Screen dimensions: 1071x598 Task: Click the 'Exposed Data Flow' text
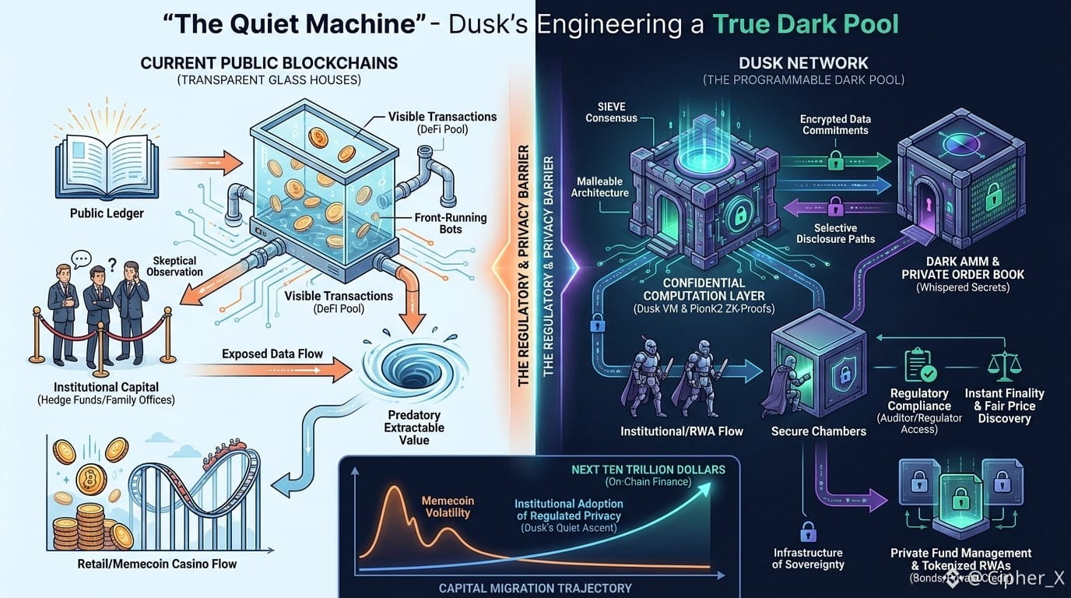pyautogui.click(x=272, y=354)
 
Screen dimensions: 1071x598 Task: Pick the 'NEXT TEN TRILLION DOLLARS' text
pyautogui.click(x=648, y=470)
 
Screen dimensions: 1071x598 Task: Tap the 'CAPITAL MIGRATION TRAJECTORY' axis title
pyautogui.click(x=535, y=588)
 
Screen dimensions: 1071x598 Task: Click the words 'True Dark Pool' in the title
pyautogui.click(x=806, y=23)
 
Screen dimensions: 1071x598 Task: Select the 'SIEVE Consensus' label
pyautogui.click(x=611, y=112)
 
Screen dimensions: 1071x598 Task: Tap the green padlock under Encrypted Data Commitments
pyautogui.click(x=835, y=160)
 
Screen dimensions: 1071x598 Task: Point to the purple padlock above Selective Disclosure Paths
pyautogui.click(x=835, y=206)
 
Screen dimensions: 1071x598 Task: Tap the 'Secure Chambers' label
pyautogui.click(x=818, y=431)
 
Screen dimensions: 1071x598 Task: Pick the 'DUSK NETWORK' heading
pyautogui.click(x=804, y=63)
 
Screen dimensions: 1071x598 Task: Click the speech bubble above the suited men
pyautogui.click(x=82, y=259)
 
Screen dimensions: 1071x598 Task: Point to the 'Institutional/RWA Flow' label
pyautogui.click(x=681, y=431)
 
